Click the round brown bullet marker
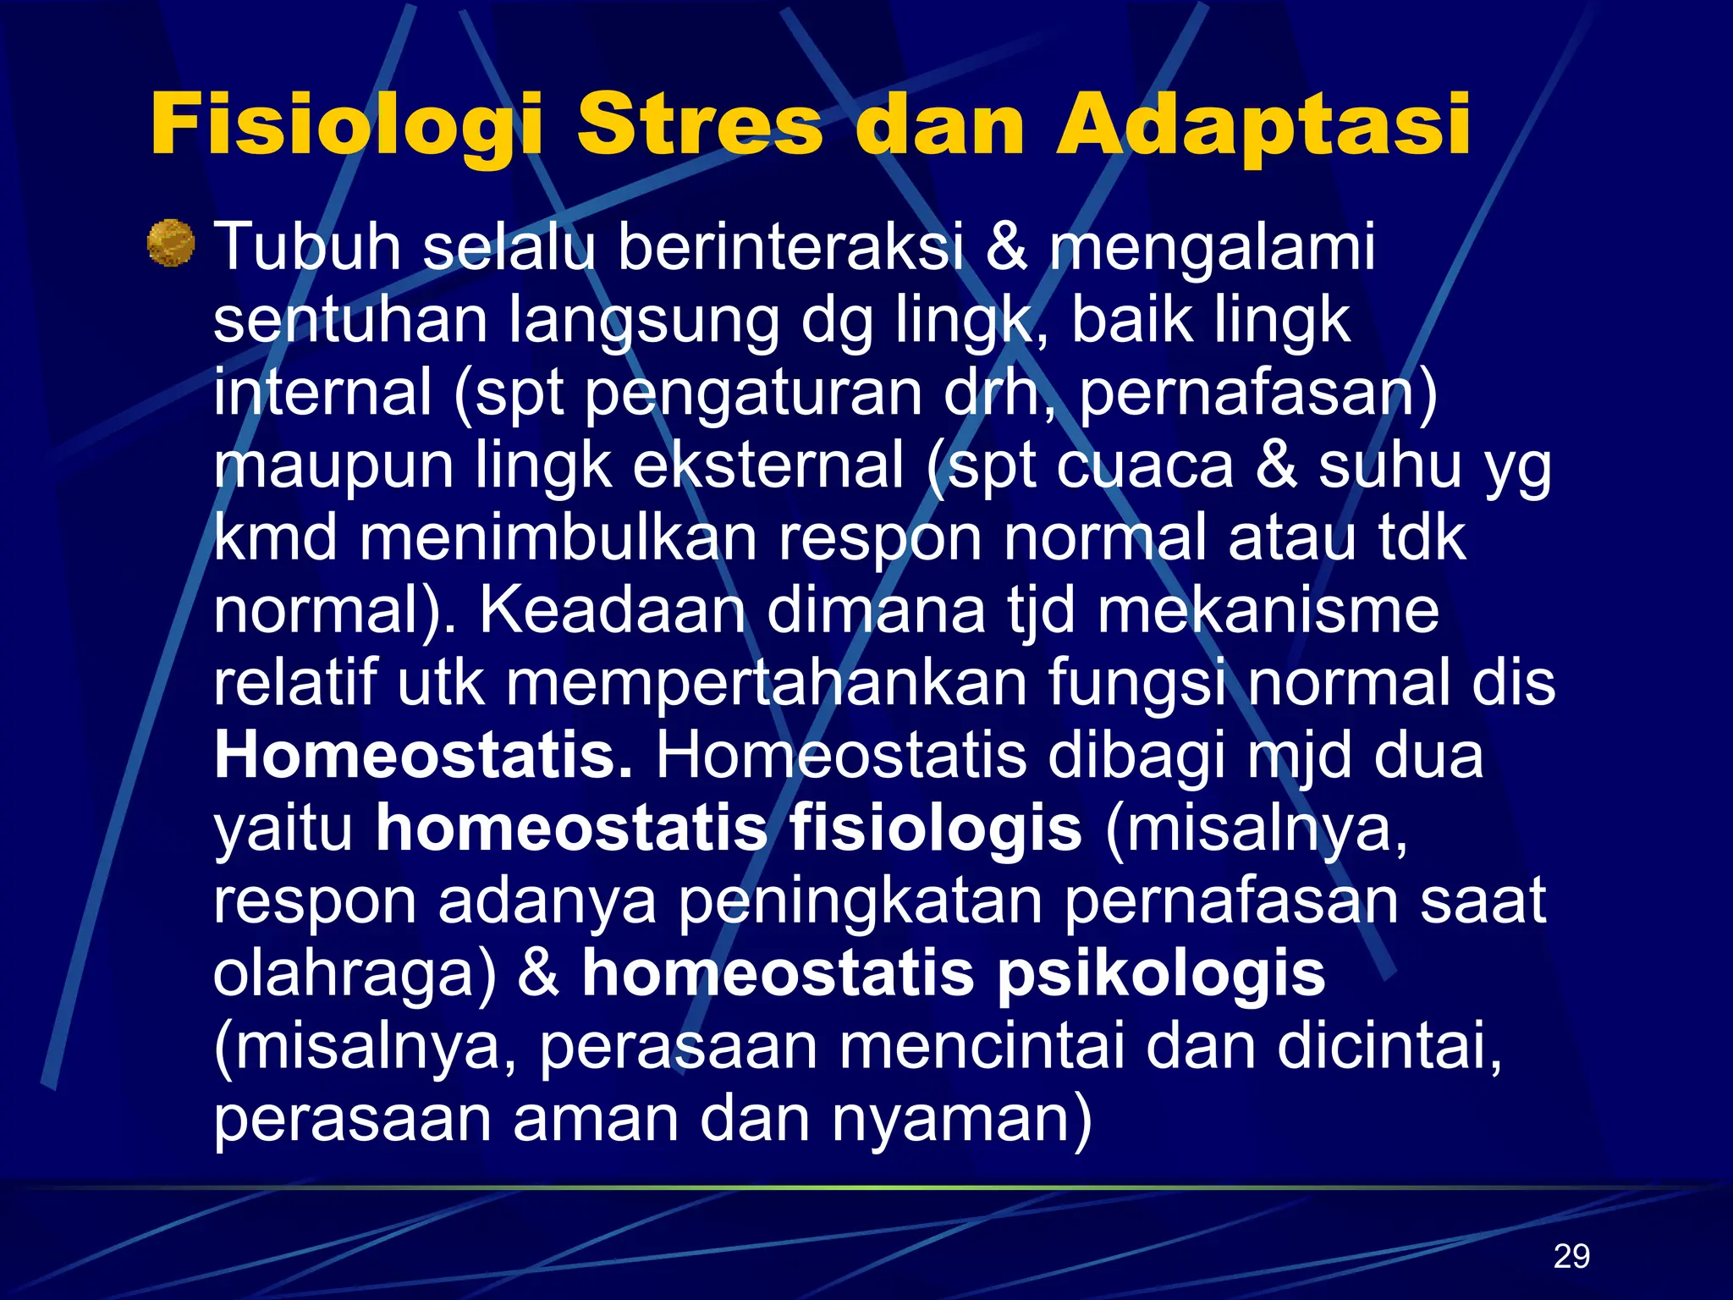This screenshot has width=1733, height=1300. pos(171,244)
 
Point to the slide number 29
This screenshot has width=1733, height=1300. pos(1571,1256)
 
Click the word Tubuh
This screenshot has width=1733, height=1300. pos(307,247)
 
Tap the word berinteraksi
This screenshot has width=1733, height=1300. pos(790,247)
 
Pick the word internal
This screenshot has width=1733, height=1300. pos(322,393)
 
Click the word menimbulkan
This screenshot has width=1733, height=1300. pos(558,538)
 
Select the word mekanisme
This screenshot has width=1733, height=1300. pos(1268,611)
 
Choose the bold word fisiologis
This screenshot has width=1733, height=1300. pos(935,829)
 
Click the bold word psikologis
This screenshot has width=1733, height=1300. pos(1161,975)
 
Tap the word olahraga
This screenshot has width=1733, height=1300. pos(354,975)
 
